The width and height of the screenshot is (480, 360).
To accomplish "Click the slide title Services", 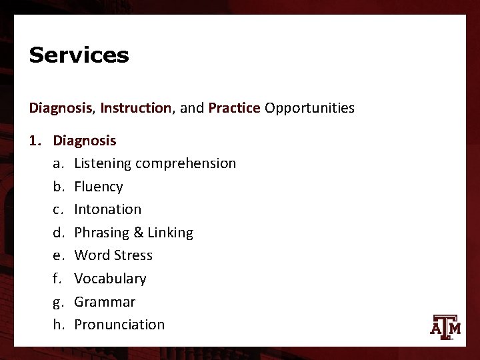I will [79, 55].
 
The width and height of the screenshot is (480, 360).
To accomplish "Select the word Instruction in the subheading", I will [135, 108].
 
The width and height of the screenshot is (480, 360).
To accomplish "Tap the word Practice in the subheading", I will [234, 108].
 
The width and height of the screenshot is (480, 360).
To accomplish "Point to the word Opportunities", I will [309, 108].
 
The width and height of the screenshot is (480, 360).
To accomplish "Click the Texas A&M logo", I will [446, 326].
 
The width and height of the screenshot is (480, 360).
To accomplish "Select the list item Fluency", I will [99, 187].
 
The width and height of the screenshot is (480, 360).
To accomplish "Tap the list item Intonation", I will [108, 209].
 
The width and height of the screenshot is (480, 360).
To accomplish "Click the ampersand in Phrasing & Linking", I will [139, 233].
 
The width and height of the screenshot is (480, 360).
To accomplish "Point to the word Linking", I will [170, 233].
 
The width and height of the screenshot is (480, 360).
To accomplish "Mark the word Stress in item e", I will [133, 255].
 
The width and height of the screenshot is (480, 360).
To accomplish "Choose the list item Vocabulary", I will [110, 279].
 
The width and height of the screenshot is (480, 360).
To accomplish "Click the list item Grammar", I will [105, 302].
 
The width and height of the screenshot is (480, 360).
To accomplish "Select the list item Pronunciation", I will [119, 325].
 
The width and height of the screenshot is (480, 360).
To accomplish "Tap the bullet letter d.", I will [58, 233].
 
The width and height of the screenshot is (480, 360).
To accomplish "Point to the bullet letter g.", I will [58, 303].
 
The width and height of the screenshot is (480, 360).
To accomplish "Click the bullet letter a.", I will [58, 164].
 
